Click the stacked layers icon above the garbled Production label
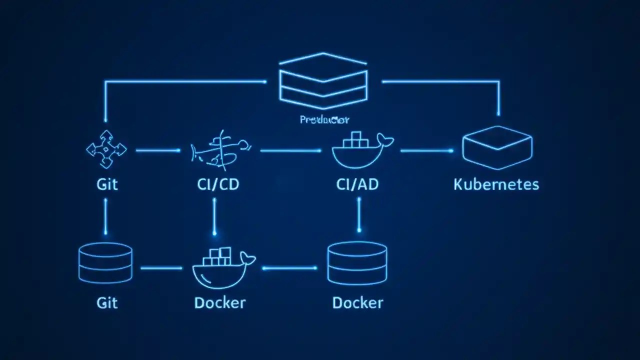click(x=323, y=81)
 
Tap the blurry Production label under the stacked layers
click(x=324, y=119)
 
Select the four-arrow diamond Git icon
click(x=106, y=149)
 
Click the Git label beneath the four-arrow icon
click(x=107, y=184)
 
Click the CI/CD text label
click(x=218, y=184)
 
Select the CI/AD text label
click(x=357, y=184)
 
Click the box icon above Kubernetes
click(x=497, y=147)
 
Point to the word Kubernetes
click(x=496, y=184)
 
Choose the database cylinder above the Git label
click(x=105, y=263)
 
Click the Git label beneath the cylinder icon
click(x=107, y=303)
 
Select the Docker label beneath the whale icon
click(x=220, y=303)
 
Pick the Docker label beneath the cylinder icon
click(x=357, y=303)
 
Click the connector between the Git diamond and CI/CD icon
click(x=158, y=150)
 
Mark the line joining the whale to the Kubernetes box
click(x=426, y=150)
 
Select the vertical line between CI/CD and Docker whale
click(x=214, y=216)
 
